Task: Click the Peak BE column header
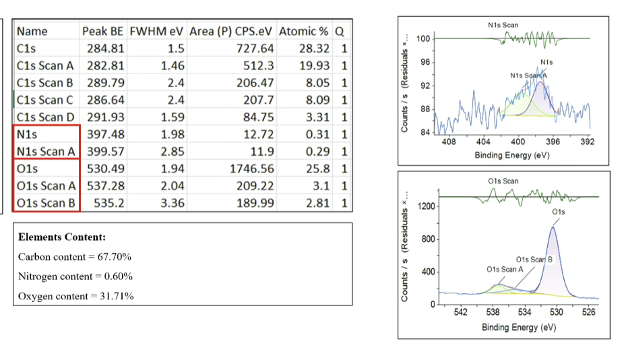coord(103,31)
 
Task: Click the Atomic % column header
coord(303,31)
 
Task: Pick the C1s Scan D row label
coord(44,117)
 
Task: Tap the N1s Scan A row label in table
coord(45,152)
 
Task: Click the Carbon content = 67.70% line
coord(75,257)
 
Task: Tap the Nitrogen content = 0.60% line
coord(75,276)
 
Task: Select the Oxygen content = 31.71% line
coord(75,296)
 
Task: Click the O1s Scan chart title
coord(503,181)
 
